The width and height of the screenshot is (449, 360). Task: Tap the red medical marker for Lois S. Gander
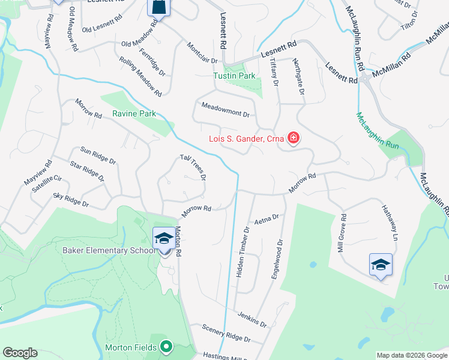(294, 139)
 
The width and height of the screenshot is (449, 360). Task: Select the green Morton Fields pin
(167, 347)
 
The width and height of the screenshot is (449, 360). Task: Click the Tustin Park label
(235, 76)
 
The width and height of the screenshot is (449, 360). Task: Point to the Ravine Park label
(134, 113)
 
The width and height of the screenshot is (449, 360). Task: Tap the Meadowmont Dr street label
(225, 113)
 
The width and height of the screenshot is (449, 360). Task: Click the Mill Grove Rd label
(341, 234)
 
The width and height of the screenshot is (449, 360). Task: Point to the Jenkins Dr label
(252, 319)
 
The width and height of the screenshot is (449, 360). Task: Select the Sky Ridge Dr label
(70, 200)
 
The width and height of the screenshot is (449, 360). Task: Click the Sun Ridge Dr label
(97, 154)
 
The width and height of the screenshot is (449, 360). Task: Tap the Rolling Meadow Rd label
(140, 77)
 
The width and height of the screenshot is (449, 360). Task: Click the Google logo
(20, 353)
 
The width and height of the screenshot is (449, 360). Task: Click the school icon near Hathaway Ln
(381, 265)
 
